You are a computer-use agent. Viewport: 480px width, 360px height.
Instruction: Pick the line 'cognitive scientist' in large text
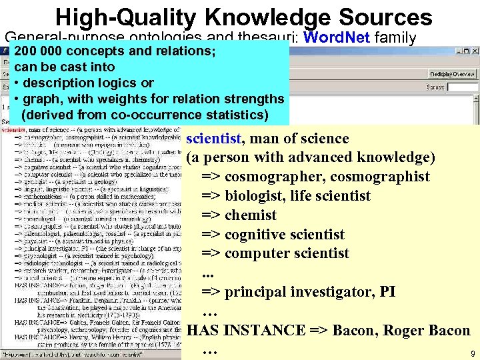point(285,235)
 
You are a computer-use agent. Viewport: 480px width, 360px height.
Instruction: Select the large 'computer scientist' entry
point(287,254)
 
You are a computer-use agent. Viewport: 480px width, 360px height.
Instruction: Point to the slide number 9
point(472,354)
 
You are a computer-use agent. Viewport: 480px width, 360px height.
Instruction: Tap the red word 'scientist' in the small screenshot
point(13,129)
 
